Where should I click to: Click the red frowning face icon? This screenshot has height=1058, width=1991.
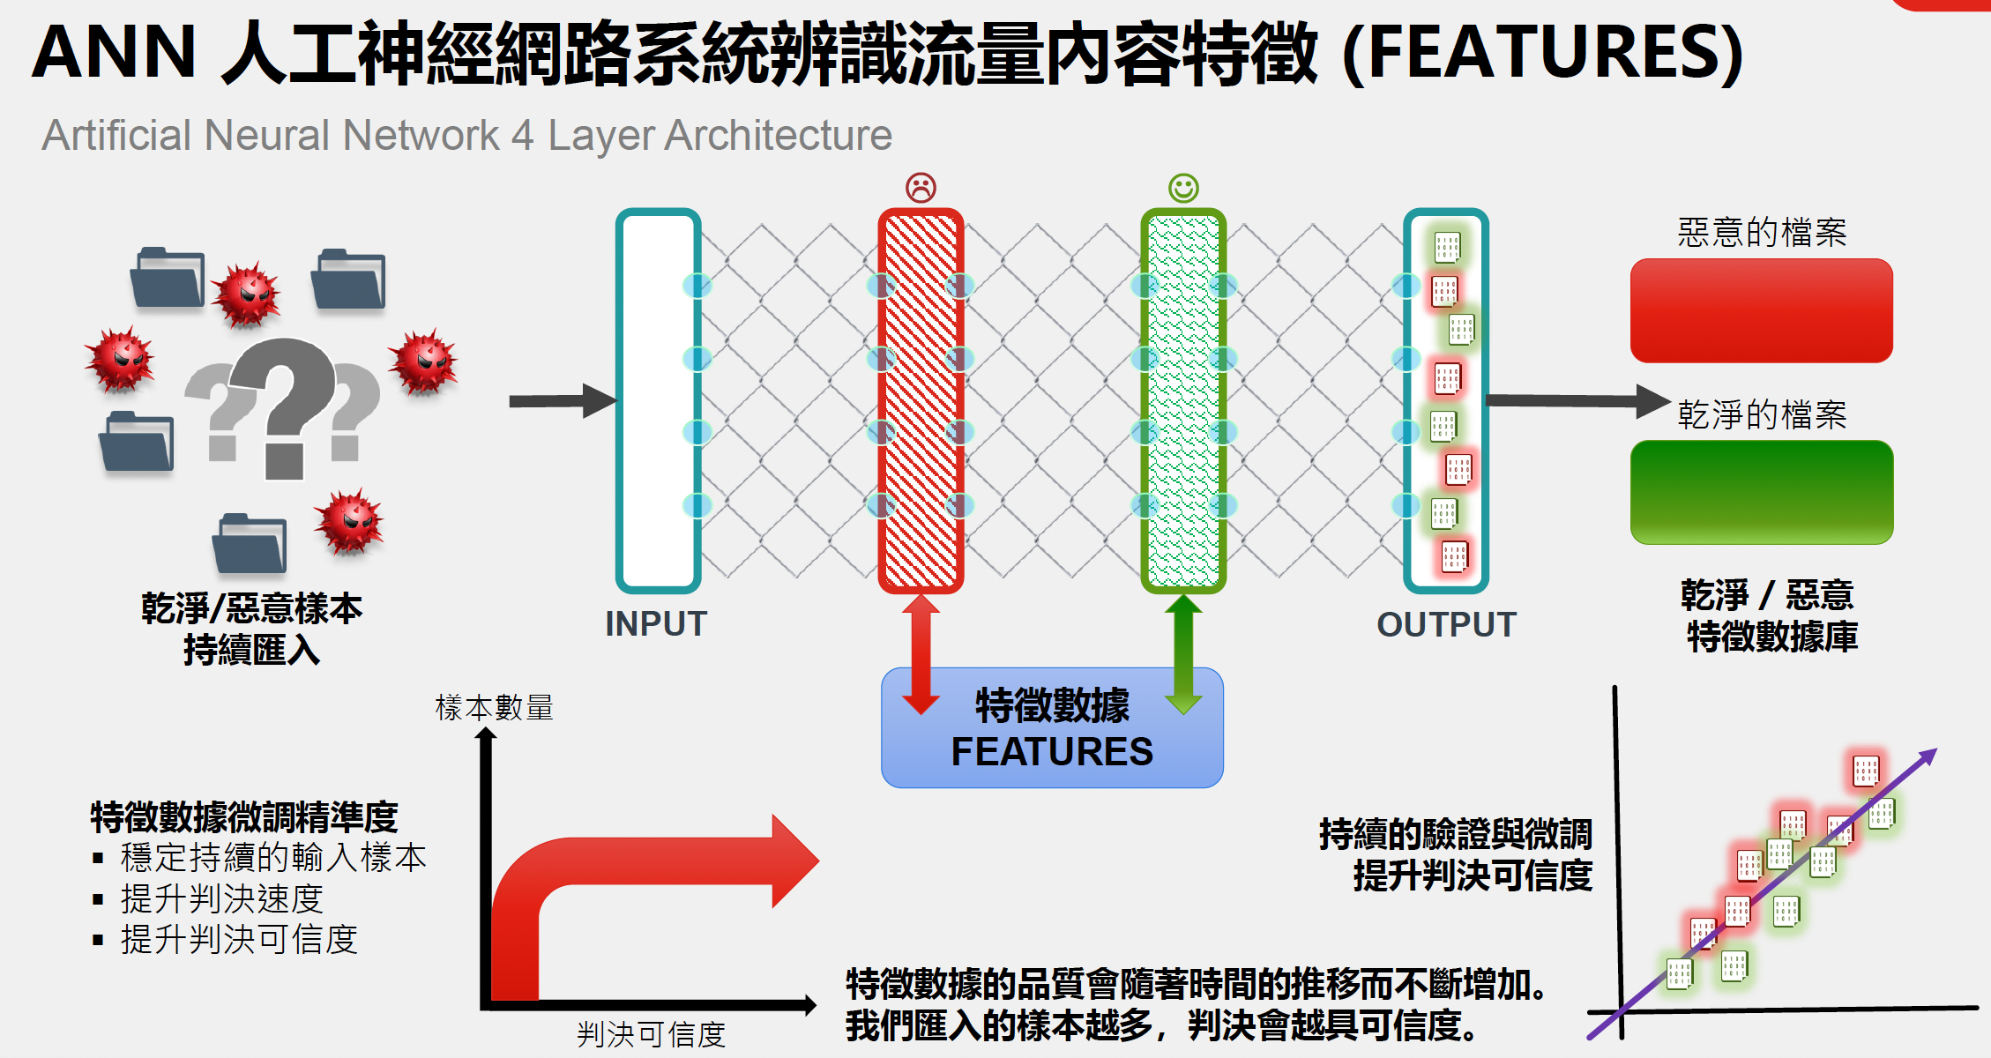(921, 187)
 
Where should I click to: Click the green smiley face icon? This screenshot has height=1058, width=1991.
(1183, 187)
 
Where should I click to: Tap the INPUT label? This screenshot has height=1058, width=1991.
(656, 624)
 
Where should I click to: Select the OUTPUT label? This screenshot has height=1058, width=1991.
(1447, 624)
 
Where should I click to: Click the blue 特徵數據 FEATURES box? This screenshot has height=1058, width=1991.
(1052, 728)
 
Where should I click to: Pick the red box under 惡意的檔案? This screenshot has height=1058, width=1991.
(1761, 310)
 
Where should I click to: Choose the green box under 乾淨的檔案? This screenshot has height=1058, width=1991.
(1761, 492)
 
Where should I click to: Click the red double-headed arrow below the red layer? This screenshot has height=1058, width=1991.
(921, 652)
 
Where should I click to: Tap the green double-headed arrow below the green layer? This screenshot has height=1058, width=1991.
(1183, 652)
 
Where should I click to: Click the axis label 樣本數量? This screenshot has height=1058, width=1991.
(494, 707)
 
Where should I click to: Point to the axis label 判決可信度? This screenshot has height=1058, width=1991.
(651, 1034)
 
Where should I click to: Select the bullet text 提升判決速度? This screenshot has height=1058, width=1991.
(222, 898)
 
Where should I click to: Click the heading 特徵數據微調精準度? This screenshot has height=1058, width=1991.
(244, 816)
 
